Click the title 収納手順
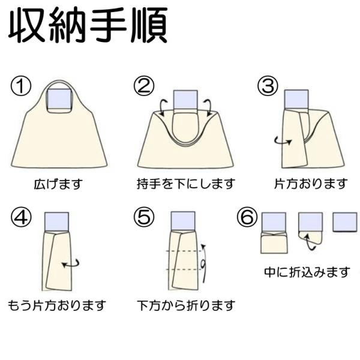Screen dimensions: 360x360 (x=88, y=25)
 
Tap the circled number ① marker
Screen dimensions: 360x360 (x=20, y=87)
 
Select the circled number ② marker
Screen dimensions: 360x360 (x=144, y=87)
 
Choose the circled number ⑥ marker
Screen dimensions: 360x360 (x=247, y=217)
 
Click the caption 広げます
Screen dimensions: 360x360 (x=58, y=184)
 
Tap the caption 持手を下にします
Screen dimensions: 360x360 (x=186, y=184)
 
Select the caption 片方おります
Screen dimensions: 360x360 (x=311, y=184)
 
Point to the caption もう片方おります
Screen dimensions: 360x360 (x=57, y=305)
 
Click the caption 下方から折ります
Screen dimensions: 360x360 (x=186, y=305)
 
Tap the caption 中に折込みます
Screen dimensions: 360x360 (x=307, y=272)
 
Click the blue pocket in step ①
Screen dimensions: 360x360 (x=59, y=100)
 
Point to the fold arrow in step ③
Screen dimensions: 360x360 (x=283, y=141)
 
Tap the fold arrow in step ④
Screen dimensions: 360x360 (x=71, y=264)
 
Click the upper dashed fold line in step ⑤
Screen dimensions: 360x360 (x=184, y=251)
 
